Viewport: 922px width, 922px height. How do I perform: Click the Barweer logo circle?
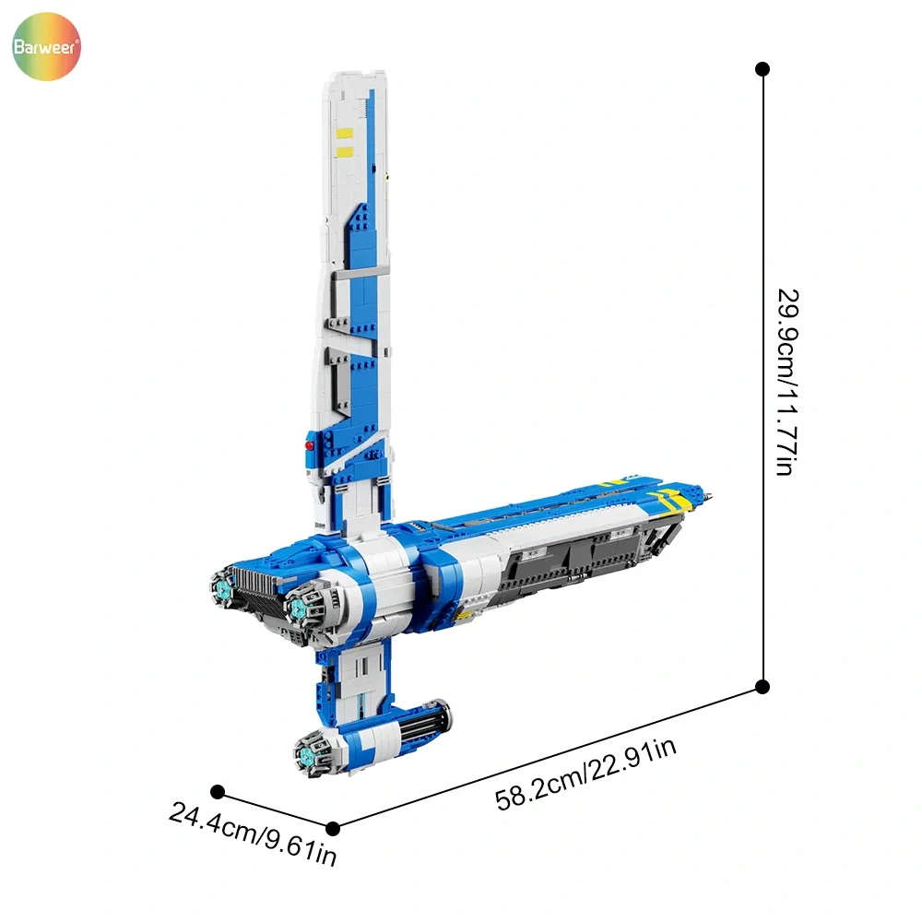(x=46, y=46)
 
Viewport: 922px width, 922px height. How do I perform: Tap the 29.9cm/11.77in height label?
(x=787, y=383)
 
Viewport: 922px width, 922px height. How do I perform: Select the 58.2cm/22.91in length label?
(x=585, y=774)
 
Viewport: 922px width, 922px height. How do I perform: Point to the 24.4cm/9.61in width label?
(x=253, y=833)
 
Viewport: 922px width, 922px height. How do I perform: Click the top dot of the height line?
(x=762, y=69)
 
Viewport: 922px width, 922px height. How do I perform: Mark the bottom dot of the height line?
(x=762, y=687)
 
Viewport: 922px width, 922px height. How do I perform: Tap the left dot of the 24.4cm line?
(x=218, y=791)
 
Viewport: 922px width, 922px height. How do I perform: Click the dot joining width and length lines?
(x=333, y=829)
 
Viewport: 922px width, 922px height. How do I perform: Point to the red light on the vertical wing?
(x=309, y=445)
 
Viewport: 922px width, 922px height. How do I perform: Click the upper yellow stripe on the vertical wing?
(x=345, y=133)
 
